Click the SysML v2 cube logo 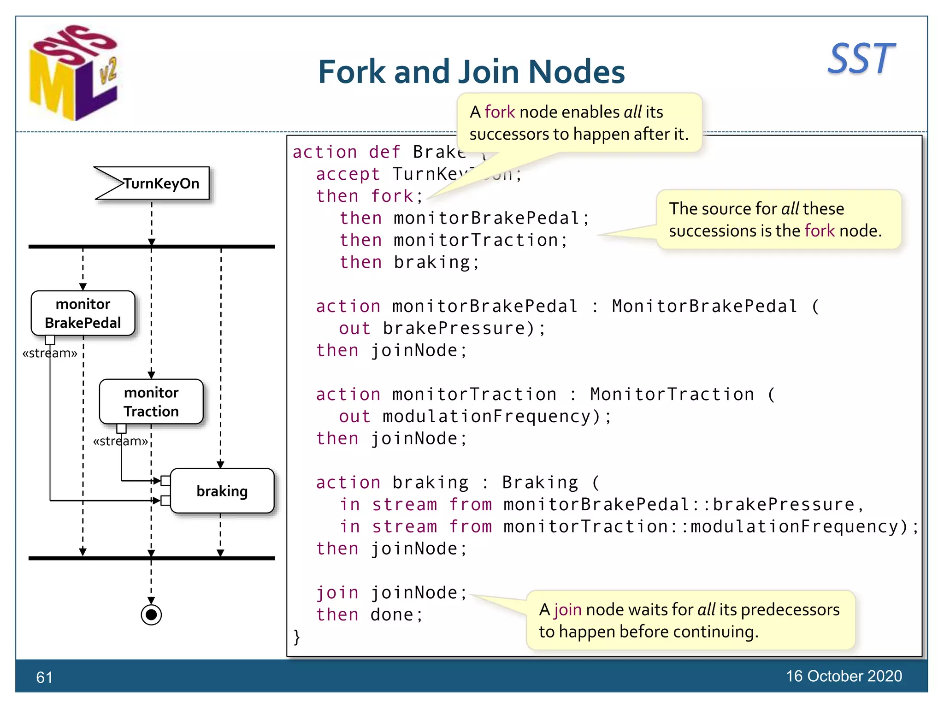click(x=74, y=74)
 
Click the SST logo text click(x=861, y=59)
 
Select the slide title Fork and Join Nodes click(x=471, y=72)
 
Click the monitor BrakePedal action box click(x=83, y=313)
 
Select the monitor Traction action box click(x=151, y=401)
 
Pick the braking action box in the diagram click(x=222, y=491)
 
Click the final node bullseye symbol click(x=151, y=614)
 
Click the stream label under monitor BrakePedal click(x=50, y=353)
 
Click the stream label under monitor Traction click(x=120, y=441)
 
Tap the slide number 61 click(x=44, y=677)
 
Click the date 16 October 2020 click(x=844, y=676)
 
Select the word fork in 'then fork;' click(x=392, y=196)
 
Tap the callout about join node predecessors click(x=690, y=620)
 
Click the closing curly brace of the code click(x=297, y=637)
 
